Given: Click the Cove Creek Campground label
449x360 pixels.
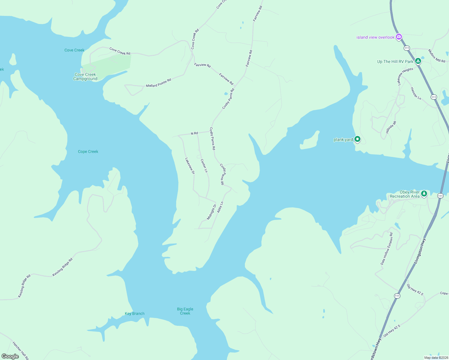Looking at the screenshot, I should click(x=86, y=77).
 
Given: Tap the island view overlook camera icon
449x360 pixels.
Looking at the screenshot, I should click(x=399, y=37).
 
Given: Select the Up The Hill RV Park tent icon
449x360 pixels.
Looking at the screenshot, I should click(x=418, y=61).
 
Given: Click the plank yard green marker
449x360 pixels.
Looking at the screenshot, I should click(x=357, y=139).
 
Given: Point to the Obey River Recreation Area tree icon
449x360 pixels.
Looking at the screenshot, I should click(x=424, y=193).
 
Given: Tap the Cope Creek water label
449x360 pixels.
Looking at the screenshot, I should click(x=88, y=151).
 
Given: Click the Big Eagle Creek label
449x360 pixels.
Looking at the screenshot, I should click(x=185, y=311).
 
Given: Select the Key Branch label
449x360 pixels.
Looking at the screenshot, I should click(x=134, y=313).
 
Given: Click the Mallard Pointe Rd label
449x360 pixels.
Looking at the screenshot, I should click(x=158, y=83).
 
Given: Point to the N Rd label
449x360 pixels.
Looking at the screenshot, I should click(x=194, y=133).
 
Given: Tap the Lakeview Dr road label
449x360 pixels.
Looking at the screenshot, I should click(x=190, y=166).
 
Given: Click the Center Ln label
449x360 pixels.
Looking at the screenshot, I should click(x=204, y=166).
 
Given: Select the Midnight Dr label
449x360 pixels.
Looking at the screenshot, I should click(x=212, y=212).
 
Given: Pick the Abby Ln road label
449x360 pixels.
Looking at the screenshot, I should click(x=220, y=207).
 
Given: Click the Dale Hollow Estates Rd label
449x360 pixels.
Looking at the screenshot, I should click(x=387, y=248).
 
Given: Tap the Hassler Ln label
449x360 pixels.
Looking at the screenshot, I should click(x=416, y=94).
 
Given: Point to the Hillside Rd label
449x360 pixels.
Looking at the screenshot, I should click(x=391, y=127).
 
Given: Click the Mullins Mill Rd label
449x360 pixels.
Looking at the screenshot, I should click(x=436, y=56).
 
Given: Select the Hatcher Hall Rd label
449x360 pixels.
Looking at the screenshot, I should click(x=20, y=350).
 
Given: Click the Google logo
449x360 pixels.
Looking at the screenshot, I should click(x=10, y=356).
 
